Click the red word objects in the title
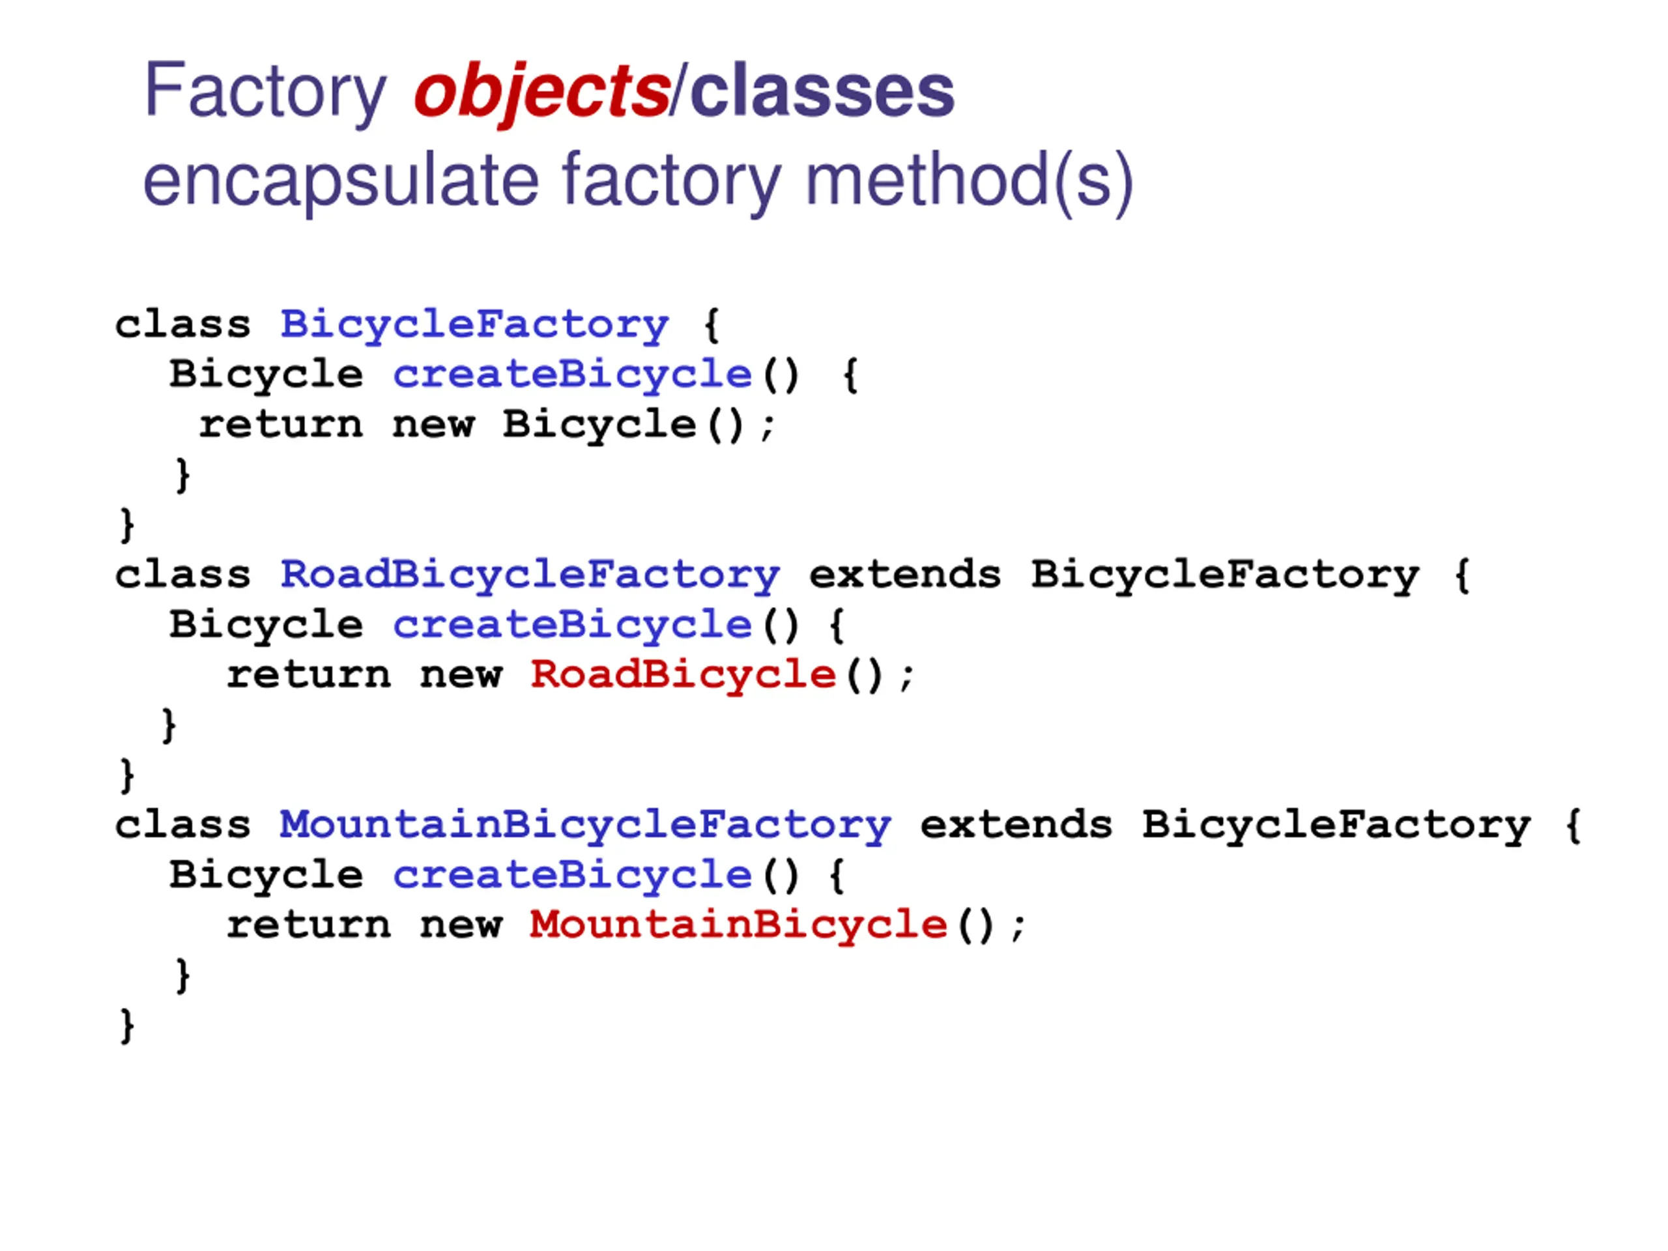pos(541,91)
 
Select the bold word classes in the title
pos(822,91)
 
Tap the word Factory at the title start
pos(265,91)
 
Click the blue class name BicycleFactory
pos(474,324)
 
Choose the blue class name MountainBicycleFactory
pos(585,825)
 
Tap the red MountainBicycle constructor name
pos(738,925)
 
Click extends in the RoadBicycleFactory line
pos(905,575)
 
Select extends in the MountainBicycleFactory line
pos(1016,825)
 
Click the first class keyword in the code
pos(182,324)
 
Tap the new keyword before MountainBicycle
pos(461,925)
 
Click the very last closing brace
pos(126,1026)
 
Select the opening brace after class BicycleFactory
pos(711,324)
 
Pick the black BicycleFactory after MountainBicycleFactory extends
pos(1336,825)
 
